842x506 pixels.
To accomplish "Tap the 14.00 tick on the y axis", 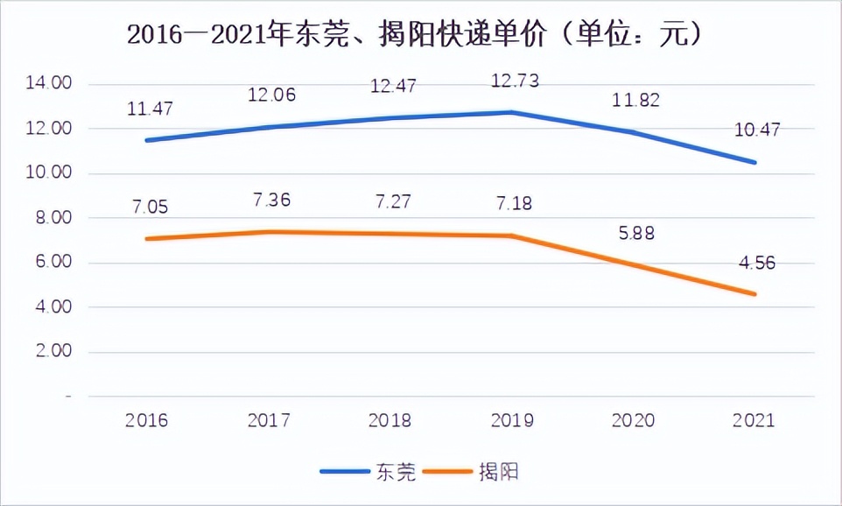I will (48, 84).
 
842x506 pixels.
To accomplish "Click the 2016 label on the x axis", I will (146, 421).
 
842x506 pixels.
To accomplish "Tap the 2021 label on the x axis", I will (754, 421).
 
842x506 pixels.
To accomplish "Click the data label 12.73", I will (515, 81).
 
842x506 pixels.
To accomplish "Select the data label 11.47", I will (147, 109).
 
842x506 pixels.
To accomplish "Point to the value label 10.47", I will (756, 130).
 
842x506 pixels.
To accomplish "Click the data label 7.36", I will (271, 200).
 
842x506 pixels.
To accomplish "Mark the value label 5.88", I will (635, 234).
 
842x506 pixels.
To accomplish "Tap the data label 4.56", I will (756, 262).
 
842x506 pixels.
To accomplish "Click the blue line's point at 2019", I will (512, 112).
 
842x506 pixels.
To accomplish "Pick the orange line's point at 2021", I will (754, 294).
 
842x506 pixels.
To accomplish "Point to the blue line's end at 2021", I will (754, 162).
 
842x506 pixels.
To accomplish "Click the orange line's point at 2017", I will (270, 232).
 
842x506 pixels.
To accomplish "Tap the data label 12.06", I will (270, 94).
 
